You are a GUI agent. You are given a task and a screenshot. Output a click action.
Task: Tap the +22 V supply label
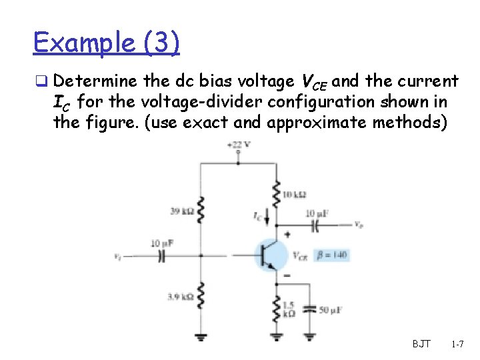[x=238, y=144]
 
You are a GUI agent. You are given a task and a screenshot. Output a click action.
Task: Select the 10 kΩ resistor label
[x=294, y=195]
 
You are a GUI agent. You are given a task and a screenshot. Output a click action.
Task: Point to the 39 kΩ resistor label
[x=180, y=211]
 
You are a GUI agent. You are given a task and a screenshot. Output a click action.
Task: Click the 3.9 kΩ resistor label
[x=179, y=296]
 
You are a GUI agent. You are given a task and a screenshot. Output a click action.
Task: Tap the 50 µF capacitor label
[x=331, y=310]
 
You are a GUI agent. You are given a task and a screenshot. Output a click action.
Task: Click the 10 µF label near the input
[x=162, y=243]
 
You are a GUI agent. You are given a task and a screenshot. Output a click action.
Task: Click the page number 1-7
[x=457, y=344]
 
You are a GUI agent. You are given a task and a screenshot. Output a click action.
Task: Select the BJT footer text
[x=421, y=344]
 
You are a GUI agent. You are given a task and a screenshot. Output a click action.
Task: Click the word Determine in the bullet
[x=96, y=82]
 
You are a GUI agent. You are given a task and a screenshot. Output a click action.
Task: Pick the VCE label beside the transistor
[x=300, y=255]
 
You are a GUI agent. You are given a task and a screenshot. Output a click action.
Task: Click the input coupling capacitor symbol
[x=161, y=255]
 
